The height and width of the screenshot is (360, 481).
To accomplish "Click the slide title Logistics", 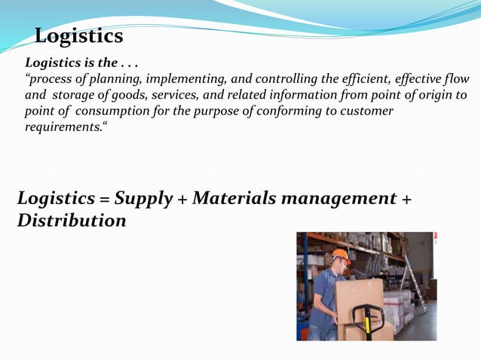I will tap(79, 36).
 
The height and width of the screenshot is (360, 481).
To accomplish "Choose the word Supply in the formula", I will tap(143, 199).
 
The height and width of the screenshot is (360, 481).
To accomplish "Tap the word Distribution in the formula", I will tap(72, 221).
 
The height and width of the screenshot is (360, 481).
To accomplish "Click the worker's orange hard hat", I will tap(341, 255).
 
